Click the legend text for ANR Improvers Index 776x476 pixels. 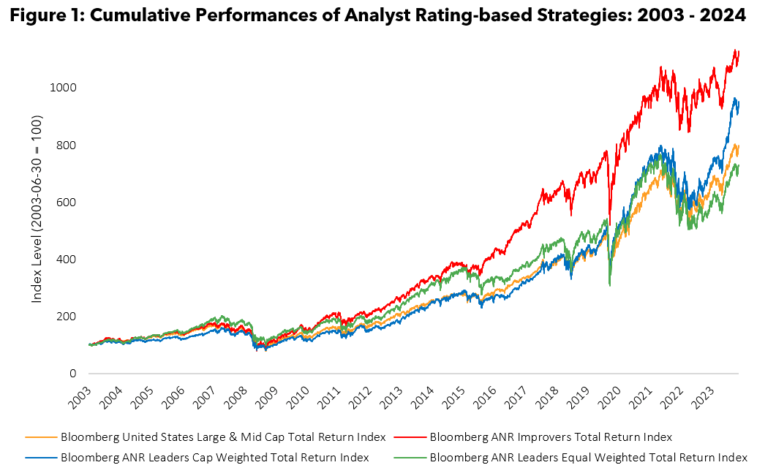click(551, 437)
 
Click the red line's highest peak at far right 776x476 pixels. click(734, 50)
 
